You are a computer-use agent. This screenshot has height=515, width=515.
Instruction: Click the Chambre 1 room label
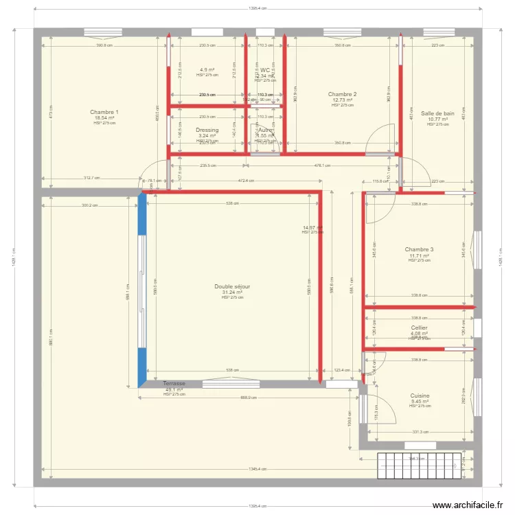pyautogui.click(x=104, y=112)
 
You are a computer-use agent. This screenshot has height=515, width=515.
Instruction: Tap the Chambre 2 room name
pyautogui.click(x=342, y=94)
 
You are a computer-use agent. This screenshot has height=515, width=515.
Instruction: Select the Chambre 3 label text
pyautogui.click(x=419, y=249)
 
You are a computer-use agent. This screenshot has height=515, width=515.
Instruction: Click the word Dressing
pyautogui.click(x=207, y=130)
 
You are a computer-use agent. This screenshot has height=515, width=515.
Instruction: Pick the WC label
pyautogui.click(x=265, y=70)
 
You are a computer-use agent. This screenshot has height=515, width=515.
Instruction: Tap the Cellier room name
pyautogui.click(x=419, y=328)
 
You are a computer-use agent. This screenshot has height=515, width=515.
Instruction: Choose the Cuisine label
pyautogui.click(x=420, y=396)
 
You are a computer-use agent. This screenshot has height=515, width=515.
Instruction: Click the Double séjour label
pyautogui.click(x=232, y=286)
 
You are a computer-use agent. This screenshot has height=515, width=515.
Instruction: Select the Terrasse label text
pyautogui.click(x=174, y=383)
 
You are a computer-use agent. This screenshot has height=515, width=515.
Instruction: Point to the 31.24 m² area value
pyautogui.click(x=232, y=292)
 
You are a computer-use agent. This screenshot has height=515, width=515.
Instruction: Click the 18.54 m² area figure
pyautogui.click(x=104, y=118)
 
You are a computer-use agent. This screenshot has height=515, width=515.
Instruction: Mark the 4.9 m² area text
pyautogui.click(x=207, y=70)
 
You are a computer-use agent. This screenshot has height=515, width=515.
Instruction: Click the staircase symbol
pyautogui.click(x=420, y=466)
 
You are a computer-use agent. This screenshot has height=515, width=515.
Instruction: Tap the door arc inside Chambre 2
pyautogui.click(x=380, y=137)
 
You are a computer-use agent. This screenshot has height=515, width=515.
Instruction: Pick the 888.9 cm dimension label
pyautogui.click(x=249, y=398)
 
